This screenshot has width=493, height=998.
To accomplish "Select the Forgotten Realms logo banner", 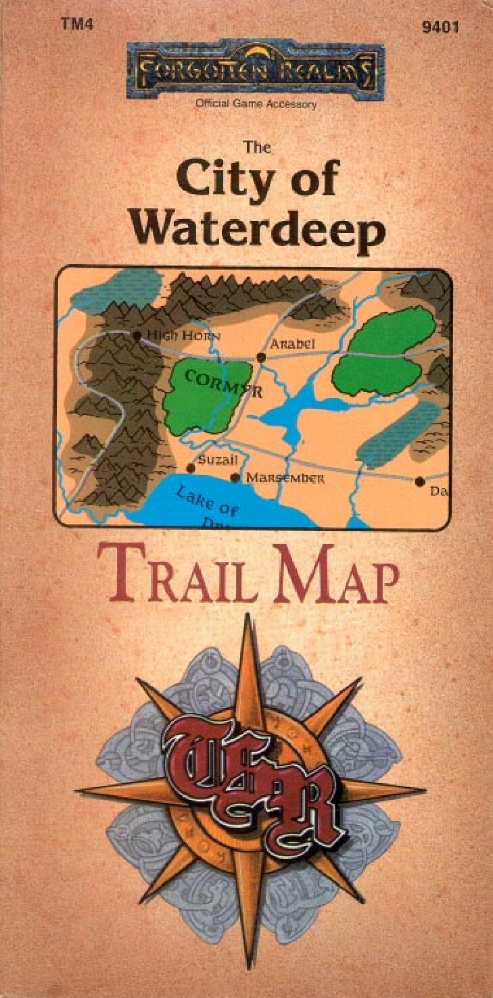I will [x=255, y=70].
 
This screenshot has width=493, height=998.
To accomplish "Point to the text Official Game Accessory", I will [x=255, y=104].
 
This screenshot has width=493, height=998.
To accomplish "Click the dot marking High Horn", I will [x=137, y=335].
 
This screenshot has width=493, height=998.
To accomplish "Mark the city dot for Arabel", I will [x=261, y=357].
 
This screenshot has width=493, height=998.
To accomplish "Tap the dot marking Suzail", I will [x=190, y=468].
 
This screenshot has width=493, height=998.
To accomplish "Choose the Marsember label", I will [x=285, y=478].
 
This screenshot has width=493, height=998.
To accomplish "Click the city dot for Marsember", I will [x=235, y=478].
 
